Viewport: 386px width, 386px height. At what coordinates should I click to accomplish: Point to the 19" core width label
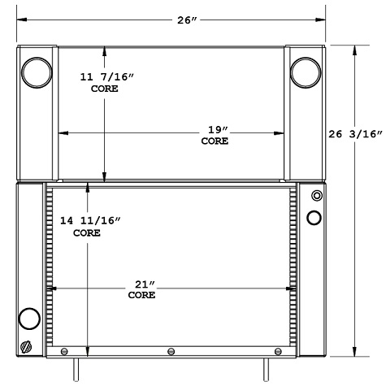(215, 135)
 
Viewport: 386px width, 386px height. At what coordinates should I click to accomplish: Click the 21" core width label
(141, 289)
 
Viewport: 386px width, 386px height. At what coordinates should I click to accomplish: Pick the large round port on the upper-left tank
(36, 72)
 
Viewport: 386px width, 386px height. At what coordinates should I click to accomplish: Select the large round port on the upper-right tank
(305, 72)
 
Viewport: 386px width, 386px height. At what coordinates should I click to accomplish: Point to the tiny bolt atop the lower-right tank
(314, 196)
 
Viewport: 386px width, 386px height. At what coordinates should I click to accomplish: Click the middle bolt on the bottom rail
(171, 351)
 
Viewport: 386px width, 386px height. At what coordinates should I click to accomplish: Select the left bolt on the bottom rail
(64, 351)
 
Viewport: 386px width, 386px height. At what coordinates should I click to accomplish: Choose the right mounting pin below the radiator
(265, 368)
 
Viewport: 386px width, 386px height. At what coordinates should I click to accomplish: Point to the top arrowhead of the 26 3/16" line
(356, 50)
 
